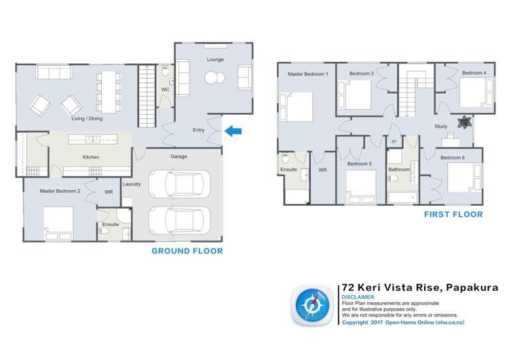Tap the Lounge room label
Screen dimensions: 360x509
pos(215,60)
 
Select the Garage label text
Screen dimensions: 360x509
pos(178,157)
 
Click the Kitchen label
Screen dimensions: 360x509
pos(91,158)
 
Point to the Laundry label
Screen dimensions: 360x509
pos(132,184)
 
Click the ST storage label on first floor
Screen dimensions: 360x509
pos(394,141)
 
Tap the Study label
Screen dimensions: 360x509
pos(441,126)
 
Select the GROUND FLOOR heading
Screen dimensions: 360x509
pos(187,251)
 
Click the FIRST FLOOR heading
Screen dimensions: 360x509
pos(453,215)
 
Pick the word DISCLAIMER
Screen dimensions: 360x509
pos(357,297)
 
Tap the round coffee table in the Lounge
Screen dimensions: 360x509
pos(214,77)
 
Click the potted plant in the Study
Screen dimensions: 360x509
pos(465,122)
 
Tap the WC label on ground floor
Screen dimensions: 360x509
pos(165,90)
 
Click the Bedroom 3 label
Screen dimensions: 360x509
pos(362,73)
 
